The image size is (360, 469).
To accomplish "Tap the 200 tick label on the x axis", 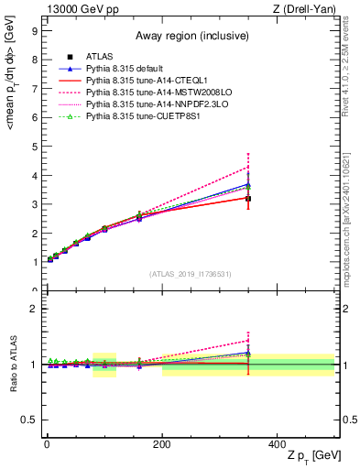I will coord(161,442).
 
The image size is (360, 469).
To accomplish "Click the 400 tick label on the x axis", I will coord(277,442).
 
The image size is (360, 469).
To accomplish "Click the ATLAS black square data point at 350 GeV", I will coord(248,199).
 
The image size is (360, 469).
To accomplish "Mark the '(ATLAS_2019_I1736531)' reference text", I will coord(190,273).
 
